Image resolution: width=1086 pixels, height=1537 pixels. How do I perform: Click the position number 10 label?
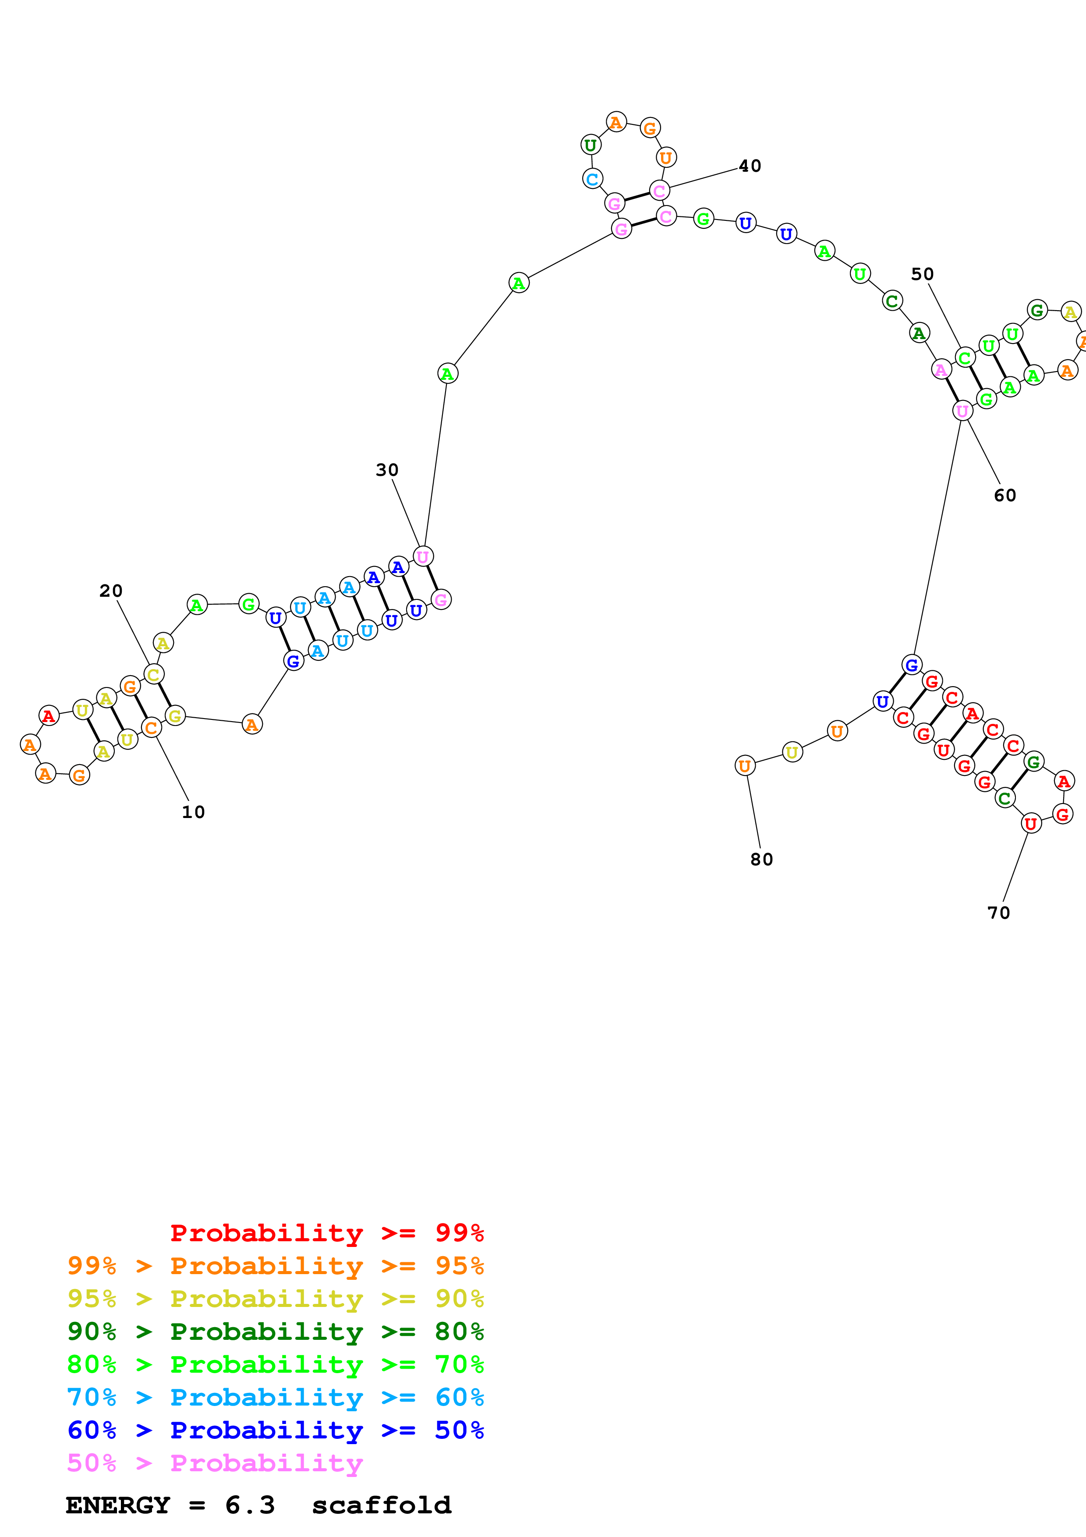point(193,812)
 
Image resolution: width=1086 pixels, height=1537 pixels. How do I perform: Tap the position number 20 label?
point(111,591)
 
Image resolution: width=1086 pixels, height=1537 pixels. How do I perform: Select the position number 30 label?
point(387,470)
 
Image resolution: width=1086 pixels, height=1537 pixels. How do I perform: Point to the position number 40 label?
point(750,166)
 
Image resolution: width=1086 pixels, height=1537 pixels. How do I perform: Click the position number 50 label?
point(922,274)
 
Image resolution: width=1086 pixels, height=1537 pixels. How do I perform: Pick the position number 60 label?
point(1005,496)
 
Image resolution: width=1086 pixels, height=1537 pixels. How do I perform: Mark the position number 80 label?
point(761,860)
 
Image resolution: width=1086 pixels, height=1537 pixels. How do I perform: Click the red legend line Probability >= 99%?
point(326,1233)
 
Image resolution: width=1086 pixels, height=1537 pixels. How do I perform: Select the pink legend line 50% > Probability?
point(215,1463)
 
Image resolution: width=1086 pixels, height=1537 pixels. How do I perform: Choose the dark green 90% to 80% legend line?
point(275,1332)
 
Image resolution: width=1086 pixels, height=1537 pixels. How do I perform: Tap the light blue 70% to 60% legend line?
point(275,1398)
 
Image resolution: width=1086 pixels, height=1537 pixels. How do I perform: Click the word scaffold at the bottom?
point(382,1505)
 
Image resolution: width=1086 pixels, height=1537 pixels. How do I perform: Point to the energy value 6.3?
point(250,1505)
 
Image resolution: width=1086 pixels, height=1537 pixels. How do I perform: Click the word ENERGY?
point(118,1505)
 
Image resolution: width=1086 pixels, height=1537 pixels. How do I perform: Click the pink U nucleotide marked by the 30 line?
point(423,556)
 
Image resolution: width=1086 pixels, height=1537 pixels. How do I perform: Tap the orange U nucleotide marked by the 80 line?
point(745,766)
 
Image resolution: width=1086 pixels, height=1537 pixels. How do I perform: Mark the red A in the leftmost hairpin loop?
point(48,715)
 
